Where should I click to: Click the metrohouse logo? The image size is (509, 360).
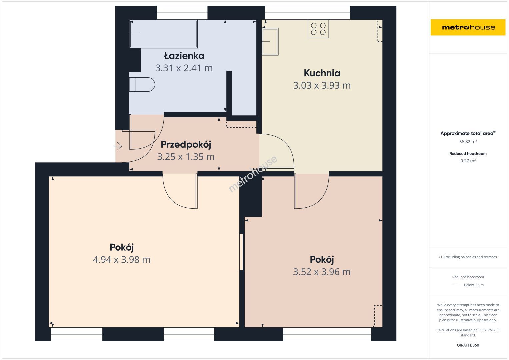tap(468, 27)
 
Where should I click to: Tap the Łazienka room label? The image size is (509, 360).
tap(184, 56)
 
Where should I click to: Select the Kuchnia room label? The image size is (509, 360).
tap(322, 73)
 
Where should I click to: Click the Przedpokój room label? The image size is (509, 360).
tap(186, 145)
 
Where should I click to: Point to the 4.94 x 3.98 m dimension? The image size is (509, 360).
tap(122, 260)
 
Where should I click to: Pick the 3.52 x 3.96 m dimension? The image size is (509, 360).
tap(322, 272)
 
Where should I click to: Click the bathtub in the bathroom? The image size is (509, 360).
tap(163, 34)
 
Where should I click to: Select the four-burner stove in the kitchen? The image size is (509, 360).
tap(318, 29)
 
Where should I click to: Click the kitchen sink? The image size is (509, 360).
tap(270, 42)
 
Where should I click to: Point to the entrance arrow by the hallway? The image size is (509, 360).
tap(118, 146)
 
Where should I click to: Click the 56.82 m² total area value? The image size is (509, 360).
tap(468, 142)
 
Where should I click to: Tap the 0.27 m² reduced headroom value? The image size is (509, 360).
tap(468, 161)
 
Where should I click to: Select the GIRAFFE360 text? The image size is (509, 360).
tap(468, 345)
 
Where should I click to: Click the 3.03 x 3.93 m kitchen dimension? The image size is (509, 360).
tap(322, 85)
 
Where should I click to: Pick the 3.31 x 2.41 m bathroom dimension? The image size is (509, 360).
tap(184, 68)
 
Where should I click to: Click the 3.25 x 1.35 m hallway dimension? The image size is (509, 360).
tap(186, 157)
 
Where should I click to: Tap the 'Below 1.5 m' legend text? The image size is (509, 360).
tap(474, 285)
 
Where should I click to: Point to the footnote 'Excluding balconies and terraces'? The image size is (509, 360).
tap(470, 257)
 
